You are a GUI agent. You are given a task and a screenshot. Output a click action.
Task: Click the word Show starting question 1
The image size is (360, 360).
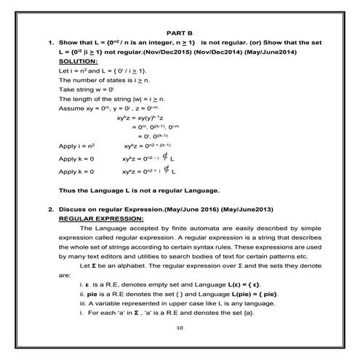pyautogui.click(x=69, y=43)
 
